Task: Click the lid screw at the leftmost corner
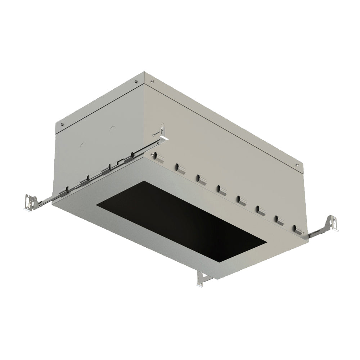click(x=63, y=125)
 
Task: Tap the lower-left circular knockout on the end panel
click(x=82, y=146)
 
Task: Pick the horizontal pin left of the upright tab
click(x=156, y=134)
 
